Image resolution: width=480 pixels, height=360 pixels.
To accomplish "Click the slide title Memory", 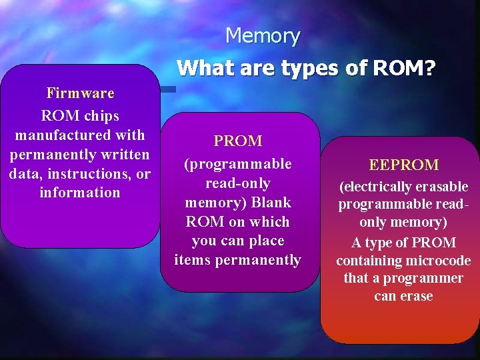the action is [263, 35].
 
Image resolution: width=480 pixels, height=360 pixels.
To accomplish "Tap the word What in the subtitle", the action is [204, 67].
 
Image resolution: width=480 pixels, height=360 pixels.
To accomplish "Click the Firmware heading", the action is [80, 93].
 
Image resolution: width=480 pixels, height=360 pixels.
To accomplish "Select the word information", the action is [80, 193].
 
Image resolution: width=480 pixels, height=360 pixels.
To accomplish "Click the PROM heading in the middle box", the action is [238, 141].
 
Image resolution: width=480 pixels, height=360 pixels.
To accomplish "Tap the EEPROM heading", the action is [403, 165].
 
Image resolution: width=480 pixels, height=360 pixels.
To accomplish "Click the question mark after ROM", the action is [429, 67].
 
